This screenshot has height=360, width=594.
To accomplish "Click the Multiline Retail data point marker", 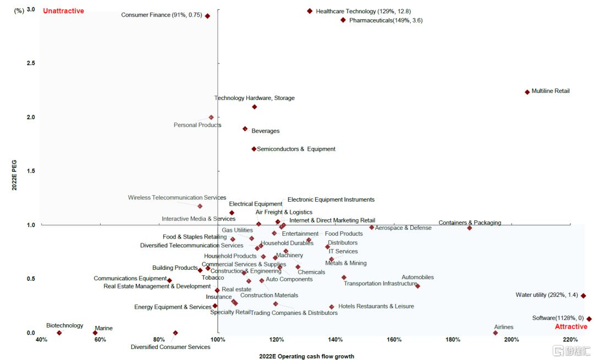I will click(527, 92).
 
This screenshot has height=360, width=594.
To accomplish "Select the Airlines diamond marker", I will click(496, 333).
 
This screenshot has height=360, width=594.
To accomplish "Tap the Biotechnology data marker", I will click(59, 333).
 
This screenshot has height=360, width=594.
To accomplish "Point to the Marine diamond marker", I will click(95, 333).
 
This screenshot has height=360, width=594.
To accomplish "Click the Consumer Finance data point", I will click(207, 16).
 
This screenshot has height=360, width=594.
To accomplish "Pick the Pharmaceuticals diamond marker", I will click(343, 20).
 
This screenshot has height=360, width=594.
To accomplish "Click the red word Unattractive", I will click(63, 11).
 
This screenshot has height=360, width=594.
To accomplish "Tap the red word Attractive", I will click(571, 326).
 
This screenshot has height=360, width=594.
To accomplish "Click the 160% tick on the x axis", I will click(394, 340).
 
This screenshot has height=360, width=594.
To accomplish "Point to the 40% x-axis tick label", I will click(41, 340).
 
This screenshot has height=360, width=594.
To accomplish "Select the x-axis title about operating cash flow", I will click(306, 356).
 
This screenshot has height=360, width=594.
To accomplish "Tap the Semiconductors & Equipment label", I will click(296, 149).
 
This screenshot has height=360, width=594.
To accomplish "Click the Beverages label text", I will click(265, 131).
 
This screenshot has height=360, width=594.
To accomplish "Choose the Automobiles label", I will click(417, 278).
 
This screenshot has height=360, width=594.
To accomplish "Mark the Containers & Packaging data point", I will click(469, 228).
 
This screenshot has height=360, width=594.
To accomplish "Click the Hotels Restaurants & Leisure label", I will click(376, 306).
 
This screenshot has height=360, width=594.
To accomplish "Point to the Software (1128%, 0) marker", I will click(588, 319).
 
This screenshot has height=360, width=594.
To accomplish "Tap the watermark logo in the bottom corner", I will click(571, 350).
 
